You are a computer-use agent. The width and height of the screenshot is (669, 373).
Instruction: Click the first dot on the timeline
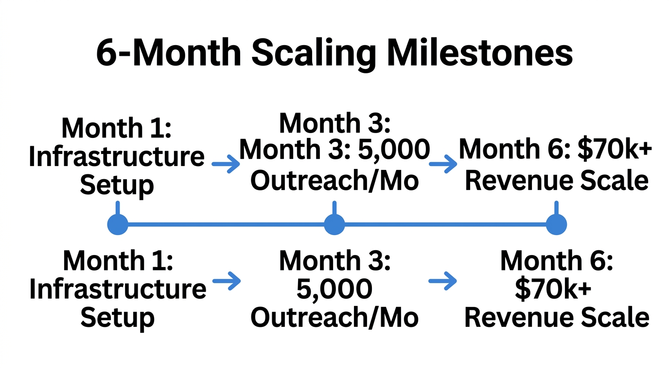tap(117, 225)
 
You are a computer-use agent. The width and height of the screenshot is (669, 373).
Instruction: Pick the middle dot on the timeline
tap(334, 225)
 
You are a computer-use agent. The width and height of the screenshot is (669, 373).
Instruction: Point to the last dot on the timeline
tap(556, 225)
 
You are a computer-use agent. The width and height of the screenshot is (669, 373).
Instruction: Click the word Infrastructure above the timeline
tap(117, 157)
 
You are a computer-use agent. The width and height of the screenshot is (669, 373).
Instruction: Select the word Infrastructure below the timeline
tap(118, 289)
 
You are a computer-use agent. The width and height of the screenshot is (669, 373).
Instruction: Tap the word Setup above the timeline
tap(117, 185)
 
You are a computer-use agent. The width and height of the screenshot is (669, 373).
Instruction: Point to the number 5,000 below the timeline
tap(334, 289)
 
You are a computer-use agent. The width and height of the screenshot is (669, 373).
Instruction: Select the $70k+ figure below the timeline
tap(553, 289)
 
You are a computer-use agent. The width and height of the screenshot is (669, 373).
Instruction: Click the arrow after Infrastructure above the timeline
tap(227, 165)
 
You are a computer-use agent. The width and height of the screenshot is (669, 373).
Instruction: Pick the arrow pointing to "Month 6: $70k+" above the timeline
tap(443, 165)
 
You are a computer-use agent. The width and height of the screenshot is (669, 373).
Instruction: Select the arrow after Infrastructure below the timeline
tap(227, 281)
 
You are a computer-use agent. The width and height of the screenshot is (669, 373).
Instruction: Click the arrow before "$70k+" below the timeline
tap(443, 281)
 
